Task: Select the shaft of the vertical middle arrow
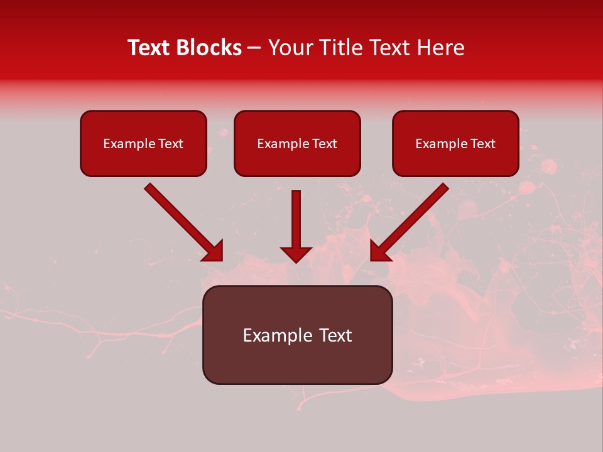[x=296, y=217]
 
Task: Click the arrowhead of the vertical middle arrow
[x=296, y=254]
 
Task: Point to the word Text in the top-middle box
[x=324, y=144]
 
